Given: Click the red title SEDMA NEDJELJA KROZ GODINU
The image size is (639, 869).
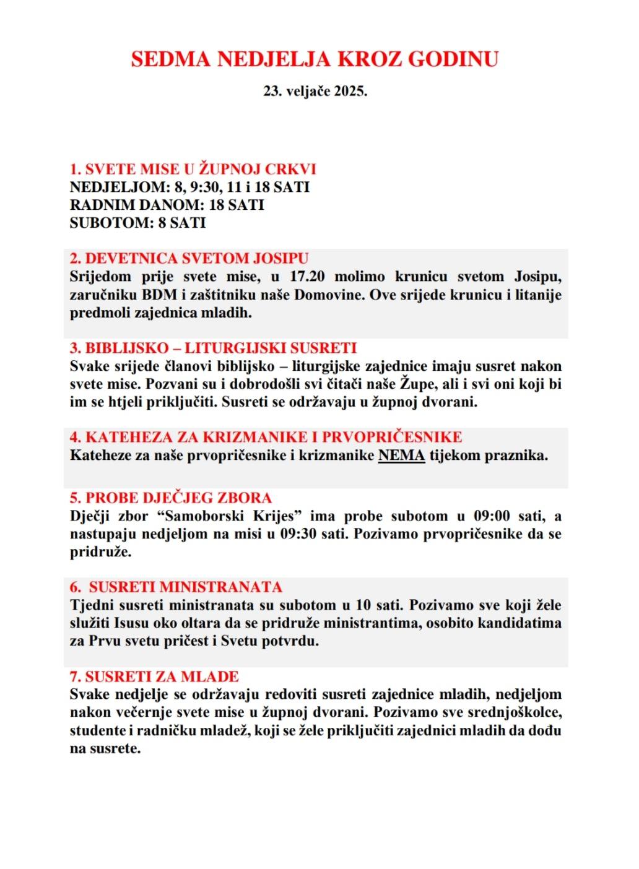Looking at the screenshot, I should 315,59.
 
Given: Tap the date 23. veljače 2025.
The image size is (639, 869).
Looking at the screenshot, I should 315,91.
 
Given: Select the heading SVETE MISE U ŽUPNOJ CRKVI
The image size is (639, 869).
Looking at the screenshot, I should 193,170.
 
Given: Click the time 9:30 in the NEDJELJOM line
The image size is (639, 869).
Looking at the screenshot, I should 201,187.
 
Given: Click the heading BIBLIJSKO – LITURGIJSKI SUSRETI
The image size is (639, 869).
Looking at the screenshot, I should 213,348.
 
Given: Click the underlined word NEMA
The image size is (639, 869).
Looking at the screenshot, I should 401,456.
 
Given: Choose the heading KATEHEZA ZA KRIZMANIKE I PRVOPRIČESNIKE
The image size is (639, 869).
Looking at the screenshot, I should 266,437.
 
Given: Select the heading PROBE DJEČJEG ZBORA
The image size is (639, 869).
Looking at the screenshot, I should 170,498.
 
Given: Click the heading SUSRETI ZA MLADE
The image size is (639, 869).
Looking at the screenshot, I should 154,677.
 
